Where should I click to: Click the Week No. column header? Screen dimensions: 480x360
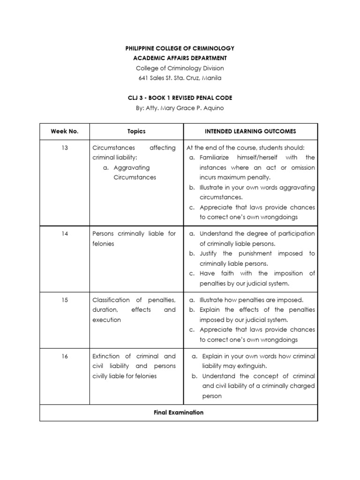(64, 132)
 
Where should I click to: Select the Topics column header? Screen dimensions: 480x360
(136, 132)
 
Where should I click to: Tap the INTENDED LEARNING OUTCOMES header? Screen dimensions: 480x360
(250, 132)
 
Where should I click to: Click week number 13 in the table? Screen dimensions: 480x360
(65, 148)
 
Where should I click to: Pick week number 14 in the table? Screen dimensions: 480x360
(65, 233)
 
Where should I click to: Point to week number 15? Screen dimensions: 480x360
(65, 300)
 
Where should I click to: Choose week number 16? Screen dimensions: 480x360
(65, 356)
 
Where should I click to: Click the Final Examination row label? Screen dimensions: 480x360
(179, 412)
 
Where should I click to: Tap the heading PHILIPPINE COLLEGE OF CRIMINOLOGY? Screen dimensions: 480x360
(180, 48)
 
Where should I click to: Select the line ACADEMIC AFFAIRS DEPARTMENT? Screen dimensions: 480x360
(180, 58)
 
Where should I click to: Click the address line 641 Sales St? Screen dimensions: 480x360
(180, 78)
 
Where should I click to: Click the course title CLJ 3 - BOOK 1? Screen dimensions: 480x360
(180, 98)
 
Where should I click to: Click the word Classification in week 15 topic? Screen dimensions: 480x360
(111, 300)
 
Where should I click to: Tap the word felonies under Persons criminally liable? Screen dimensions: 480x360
(104, 244)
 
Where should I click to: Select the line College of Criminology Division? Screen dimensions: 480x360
(180, 68)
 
